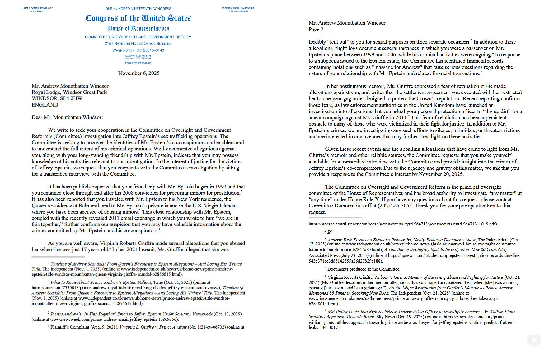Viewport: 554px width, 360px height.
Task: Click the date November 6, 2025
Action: tap(138, 73)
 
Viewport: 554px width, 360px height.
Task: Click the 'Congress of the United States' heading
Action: tap(138, 18)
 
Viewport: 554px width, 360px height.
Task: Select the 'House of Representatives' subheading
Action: tap(138, 28)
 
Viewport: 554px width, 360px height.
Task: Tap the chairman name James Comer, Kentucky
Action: tap(37, 8)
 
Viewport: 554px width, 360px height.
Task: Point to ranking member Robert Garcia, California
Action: tap(238, 8)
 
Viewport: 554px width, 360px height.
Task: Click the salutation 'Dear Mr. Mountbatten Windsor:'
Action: tap(67, 117)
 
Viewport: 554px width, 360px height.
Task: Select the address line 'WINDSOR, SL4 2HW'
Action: tap(57, 98)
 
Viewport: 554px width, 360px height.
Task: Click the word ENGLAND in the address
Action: tap(45, 105)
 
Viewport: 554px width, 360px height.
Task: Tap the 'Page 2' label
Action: tap(316, 30)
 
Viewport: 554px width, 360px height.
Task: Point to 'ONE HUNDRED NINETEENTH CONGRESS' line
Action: tap(138, 9)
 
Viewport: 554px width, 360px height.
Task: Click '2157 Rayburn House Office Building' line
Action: tap(138, 44)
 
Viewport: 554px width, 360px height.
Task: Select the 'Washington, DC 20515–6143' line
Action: tap(138, 50)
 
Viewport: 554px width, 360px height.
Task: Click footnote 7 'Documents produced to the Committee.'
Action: tap(364, 269)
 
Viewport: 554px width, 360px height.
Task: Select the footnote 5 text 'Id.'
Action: tap(330, 232)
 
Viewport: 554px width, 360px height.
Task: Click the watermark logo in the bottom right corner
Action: tap(534, 340)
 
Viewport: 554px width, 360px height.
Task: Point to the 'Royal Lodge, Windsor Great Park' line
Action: tap(69, 92)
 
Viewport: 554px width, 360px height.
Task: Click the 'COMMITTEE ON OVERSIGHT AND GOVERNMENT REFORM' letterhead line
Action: tap(138, 37)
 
